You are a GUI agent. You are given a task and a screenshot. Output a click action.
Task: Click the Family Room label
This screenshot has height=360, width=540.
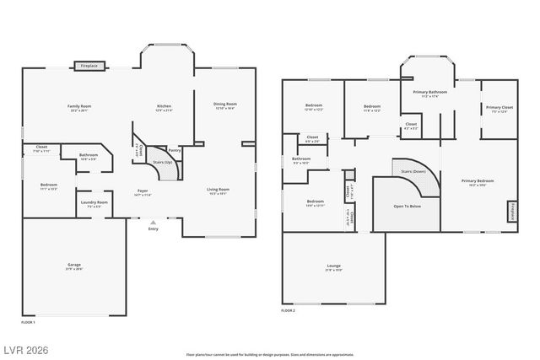click(79, 106)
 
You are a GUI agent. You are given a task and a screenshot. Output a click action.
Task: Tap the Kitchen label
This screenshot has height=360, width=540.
click(164, 106)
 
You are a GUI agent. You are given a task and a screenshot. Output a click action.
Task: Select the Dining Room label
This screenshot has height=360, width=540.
click(225, 105)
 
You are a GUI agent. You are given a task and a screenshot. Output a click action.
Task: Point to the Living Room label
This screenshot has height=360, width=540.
click(219, 190)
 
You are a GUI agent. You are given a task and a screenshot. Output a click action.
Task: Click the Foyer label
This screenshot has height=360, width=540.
click(143, 191)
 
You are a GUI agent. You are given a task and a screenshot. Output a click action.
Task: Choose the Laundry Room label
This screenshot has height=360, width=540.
click(94, 202)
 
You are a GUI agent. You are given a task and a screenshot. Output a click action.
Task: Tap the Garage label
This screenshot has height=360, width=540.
click(74, 265)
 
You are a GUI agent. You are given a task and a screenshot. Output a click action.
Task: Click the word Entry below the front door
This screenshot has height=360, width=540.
click(153, 228)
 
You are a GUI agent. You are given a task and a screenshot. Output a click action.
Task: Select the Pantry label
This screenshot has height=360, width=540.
click(175, 150)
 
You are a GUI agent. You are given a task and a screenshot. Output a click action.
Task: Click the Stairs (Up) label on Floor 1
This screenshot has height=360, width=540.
click(163, 162)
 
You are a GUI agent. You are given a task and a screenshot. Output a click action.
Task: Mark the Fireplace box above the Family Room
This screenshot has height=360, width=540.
click(89, 65)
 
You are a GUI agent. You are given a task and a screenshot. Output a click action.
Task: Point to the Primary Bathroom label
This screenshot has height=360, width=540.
click(429, 92)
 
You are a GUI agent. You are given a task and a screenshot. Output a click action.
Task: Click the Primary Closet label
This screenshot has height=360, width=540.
click(499, 108)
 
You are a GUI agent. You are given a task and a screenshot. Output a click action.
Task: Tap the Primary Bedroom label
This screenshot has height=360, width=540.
click(478, 180)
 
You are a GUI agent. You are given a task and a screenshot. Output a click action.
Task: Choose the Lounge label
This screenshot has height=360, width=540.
click(332, 267)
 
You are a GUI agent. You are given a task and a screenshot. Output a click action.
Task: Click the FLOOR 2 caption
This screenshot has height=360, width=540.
click(289, 311)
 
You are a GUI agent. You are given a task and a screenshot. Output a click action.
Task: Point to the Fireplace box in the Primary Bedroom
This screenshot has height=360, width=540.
click(511, 212)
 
